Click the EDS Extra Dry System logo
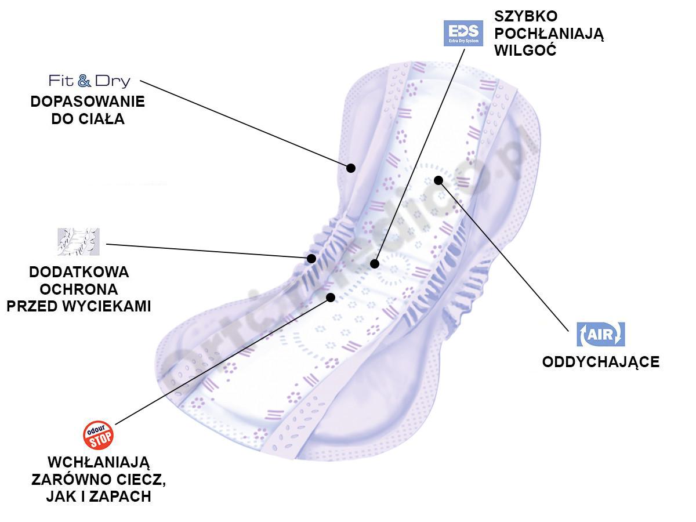(462, 33)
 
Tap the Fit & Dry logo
(89, 81)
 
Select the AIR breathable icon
(601, 334)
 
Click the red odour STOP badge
(98, 436)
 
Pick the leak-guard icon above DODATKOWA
(78, 242)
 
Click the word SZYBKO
(525, 16)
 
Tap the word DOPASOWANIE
(88, 102)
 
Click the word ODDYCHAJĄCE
(601, 362)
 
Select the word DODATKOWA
(79, 272)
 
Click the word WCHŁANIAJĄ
(99, 463)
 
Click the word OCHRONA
(79, 289)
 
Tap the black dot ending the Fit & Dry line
(350, 168)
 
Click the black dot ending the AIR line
(438, 180)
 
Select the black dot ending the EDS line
(375, 264)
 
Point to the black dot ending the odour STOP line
(331, 297)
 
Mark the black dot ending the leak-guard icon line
(311, 258)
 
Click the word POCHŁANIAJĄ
(549, 34)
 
